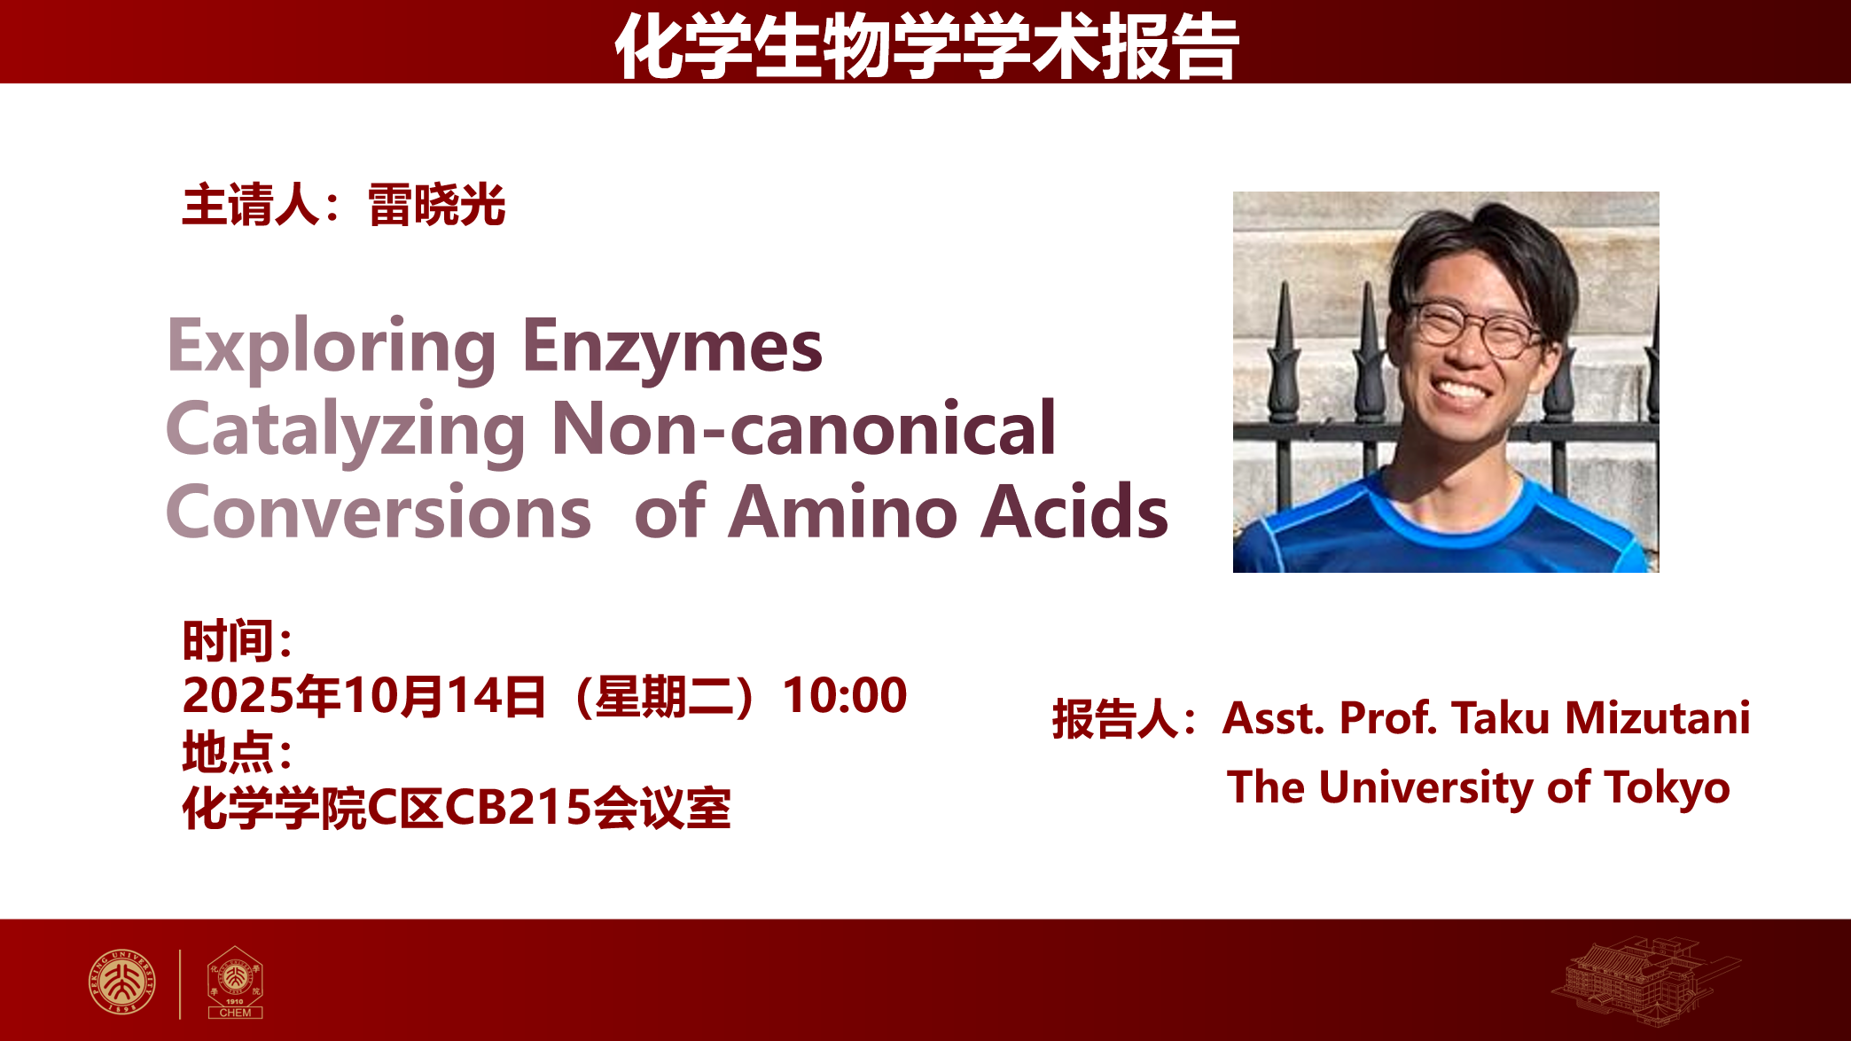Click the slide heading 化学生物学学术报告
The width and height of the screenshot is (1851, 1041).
(x=926, y=46)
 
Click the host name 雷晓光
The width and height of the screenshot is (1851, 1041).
(x=436, y=206)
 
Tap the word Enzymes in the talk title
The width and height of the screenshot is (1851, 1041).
(x=673, y=348)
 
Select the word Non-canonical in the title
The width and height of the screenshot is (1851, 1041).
(x=803, y=429)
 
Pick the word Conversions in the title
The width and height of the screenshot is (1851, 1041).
(x=379, y=512)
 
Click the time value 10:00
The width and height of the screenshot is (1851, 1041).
(x=845, y=695)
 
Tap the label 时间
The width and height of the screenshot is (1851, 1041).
(x=227, y=641)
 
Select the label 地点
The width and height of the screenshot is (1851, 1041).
(x=227, y=753)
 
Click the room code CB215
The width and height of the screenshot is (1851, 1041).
(x=517, y=808)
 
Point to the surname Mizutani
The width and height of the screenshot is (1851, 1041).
(x=1658, y=717)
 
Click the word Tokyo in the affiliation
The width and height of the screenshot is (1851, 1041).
(x=1667, y=788)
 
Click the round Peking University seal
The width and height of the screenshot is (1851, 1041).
(x=122, y=982)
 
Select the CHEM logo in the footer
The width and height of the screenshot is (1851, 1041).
(x=235, y=982)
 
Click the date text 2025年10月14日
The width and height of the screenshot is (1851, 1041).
(x=364, y=695)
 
